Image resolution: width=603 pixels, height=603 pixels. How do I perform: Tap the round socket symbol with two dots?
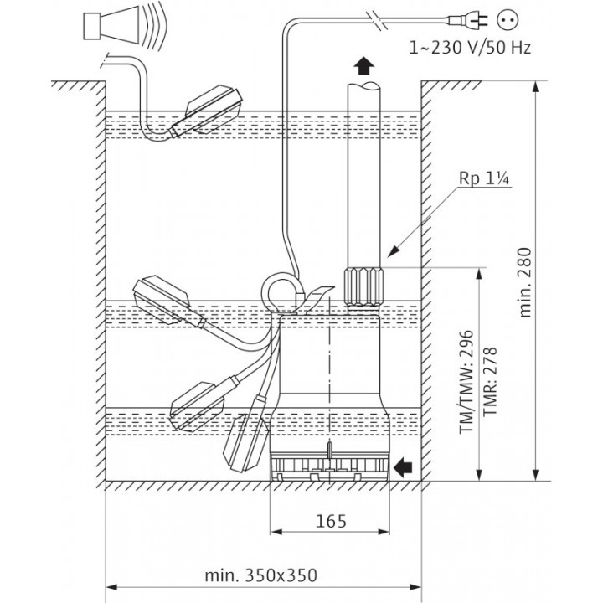[508, 19]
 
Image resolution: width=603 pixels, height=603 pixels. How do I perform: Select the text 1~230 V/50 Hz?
[470, 48]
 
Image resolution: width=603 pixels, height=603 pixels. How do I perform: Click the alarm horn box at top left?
[92, 27]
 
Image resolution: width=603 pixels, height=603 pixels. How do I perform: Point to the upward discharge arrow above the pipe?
[363, 66]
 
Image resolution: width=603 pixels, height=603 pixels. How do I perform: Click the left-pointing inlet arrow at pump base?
[403, 467]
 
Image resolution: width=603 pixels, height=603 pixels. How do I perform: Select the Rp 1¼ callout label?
[484, 178]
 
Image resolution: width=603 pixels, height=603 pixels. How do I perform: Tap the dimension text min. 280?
[525, 282]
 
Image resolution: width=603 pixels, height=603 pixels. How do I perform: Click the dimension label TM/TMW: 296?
[466, 381]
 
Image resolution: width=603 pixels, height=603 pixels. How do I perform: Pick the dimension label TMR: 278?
[490, 381]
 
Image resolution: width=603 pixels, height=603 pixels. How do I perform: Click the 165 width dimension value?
[331, 521]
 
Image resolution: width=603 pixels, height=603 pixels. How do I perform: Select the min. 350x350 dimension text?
[261, 575]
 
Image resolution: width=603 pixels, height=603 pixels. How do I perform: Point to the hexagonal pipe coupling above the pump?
[364, 287]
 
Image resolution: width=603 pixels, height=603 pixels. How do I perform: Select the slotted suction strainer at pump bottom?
[330, 466]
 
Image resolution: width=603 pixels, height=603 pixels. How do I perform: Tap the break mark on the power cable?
[377, 20]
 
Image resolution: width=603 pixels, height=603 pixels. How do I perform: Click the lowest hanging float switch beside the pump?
[245, 441]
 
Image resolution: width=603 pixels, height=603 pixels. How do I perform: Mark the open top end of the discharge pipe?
[363, 86]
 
